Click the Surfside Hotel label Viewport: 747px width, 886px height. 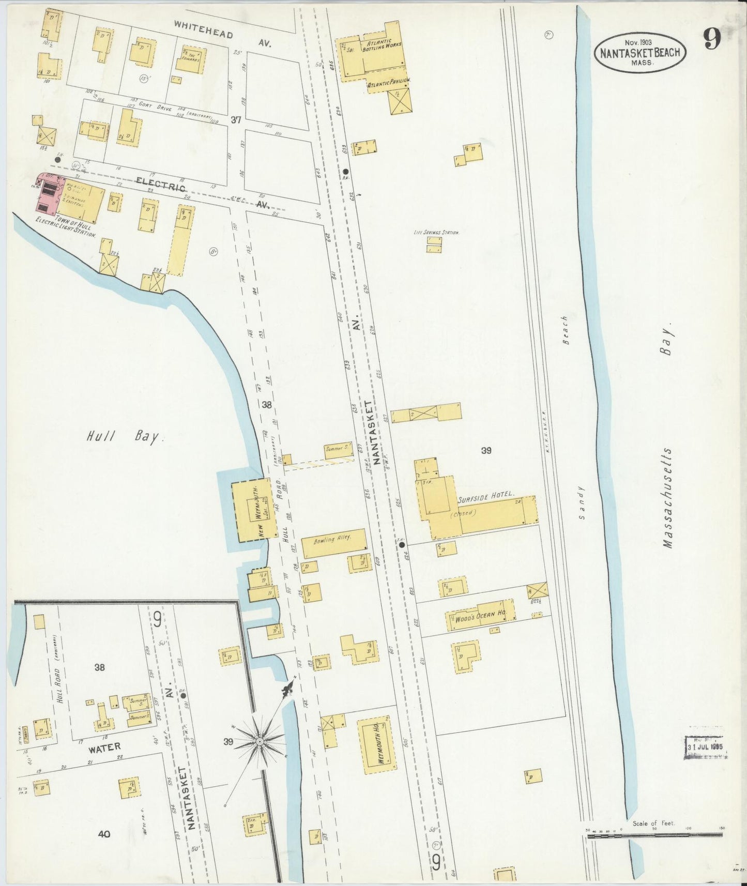[x=486, y=494]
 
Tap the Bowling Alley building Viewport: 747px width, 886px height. [x=334, y=542]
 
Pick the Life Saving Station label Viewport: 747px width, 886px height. [x=436, y=233]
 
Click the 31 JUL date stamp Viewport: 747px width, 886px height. [x=706, y=747]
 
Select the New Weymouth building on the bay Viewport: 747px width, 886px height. [x=251, y=510]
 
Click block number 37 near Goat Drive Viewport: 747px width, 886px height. [x=236, y=120]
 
